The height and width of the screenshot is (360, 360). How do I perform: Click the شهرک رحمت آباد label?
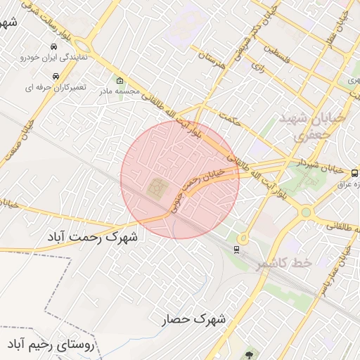[x=92, y=236]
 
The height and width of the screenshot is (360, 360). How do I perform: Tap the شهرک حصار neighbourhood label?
[x=195, y=319]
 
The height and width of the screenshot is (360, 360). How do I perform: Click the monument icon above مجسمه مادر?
[x=120, y=79]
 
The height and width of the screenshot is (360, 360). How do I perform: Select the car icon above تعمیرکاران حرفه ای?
[x=55, y=75]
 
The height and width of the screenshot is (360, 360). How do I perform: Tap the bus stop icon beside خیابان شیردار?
[x=354, y=172]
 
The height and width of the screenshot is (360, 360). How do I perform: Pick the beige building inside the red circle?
[x=155, y=188]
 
